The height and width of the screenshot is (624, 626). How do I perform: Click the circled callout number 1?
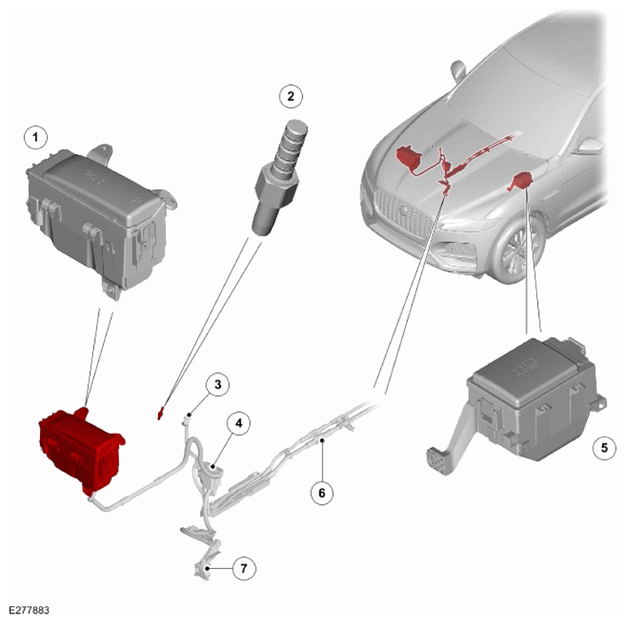36,138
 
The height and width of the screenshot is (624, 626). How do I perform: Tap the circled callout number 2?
290,96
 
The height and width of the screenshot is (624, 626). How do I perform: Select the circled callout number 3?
218,385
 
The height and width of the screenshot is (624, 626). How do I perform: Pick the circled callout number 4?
239,423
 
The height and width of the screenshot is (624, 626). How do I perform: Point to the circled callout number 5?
605,448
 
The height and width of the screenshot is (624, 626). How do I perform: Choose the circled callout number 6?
322,492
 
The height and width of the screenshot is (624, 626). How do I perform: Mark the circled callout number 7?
244,568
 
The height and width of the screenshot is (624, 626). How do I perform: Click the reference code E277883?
29,611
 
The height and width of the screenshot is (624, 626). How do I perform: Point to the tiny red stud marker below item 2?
161,412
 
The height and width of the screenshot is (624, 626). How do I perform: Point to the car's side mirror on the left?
458,71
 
